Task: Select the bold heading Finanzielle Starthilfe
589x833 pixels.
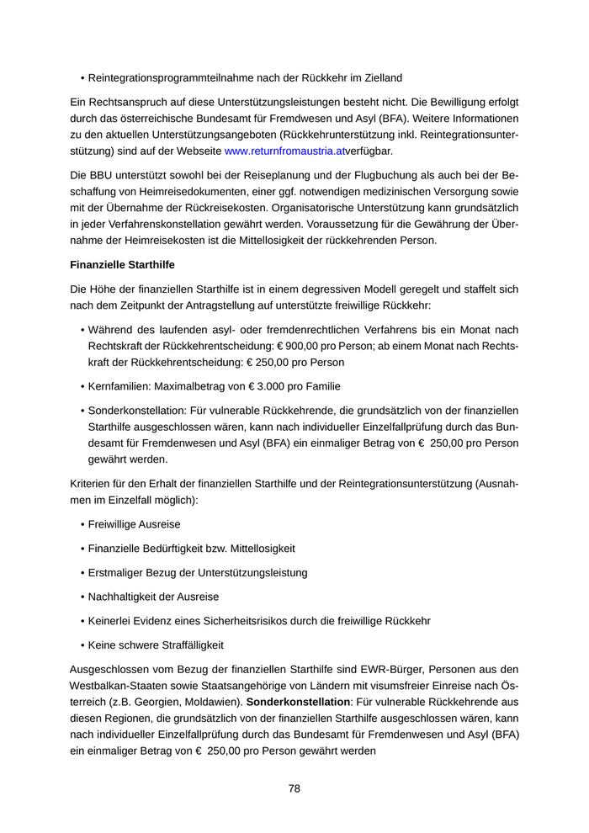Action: tap(122, 265)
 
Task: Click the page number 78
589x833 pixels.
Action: tap(294, 788)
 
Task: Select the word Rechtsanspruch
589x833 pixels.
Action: tap(109, 102)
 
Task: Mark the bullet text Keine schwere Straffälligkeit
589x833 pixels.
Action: tap(156, 645)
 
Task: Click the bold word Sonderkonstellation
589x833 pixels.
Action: tap(298, 702)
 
